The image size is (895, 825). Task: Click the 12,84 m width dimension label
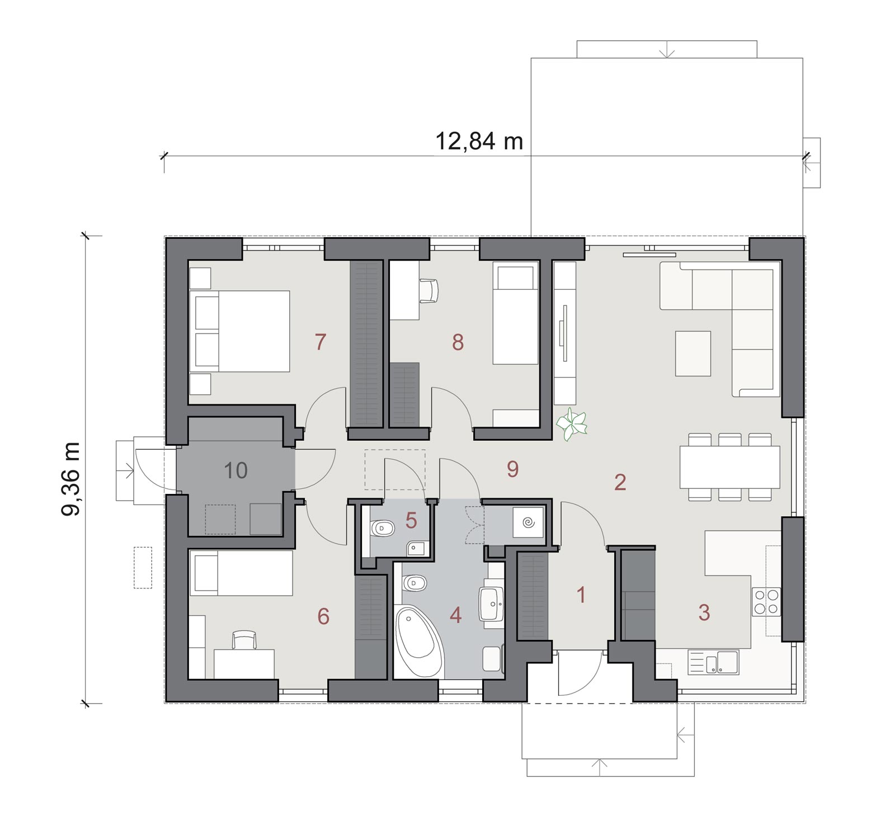pyautogui.click(x=479, y=141)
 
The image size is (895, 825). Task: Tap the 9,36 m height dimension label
pyautogui.click(x=71, y=479)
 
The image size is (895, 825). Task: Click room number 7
pyautogui.click(x=320, y=341)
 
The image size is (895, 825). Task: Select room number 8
pyautogui.click(x=458, y=342)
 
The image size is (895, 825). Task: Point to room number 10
pyautogui.click(x=235, y=471)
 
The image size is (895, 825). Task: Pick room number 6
pyautogui.click(x=323, y=616)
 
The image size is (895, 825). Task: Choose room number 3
pyautogui.click(x=704, y=612)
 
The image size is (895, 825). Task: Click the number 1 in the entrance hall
pyautogui.click(x=581, y=595)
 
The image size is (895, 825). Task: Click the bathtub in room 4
pyautogui.click(x=419, y=641)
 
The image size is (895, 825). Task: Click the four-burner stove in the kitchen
pyautogui.click(x=766, y=602)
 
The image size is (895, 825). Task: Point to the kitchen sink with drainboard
pyautogui.click(x=713, y=662)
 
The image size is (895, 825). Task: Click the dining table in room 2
pyautogui.click(x=729, y=467)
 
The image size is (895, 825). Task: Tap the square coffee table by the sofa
pyautogui.click(x=693, y=353)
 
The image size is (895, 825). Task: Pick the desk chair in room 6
pyautogui.click(x=244, y=640)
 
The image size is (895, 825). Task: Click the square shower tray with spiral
pyautogui.click(x=528, y=522)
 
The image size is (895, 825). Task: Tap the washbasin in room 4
pyautogui.click(x=492, y=604)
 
